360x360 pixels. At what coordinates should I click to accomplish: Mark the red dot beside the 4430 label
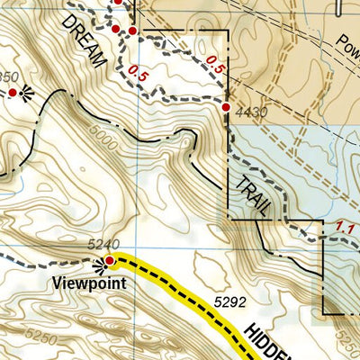pyautogui.click(x=226, y=108)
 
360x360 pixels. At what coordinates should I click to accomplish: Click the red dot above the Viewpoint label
pyautogui.click(x=110, y=261)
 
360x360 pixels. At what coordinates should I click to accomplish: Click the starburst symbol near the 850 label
pyautogui.click(x=26, y=91)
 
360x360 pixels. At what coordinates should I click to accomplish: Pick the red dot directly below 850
pyautogui.click(x=13, y=92)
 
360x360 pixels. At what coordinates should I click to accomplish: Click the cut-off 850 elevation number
pyautogui.click(x=9, y=76)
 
